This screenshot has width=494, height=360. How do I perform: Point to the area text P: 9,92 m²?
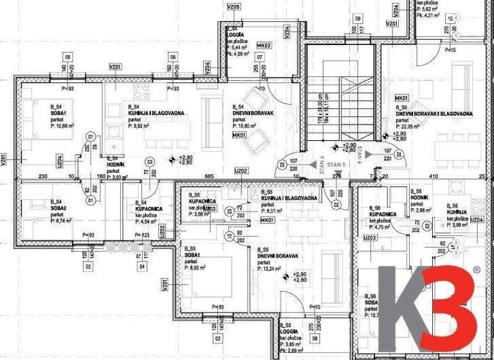click(142, 127)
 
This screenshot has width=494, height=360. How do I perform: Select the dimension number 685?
click(208, 176)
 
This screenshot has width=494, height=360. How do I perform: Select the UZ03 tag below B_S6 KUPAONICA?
click(370, 238)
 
